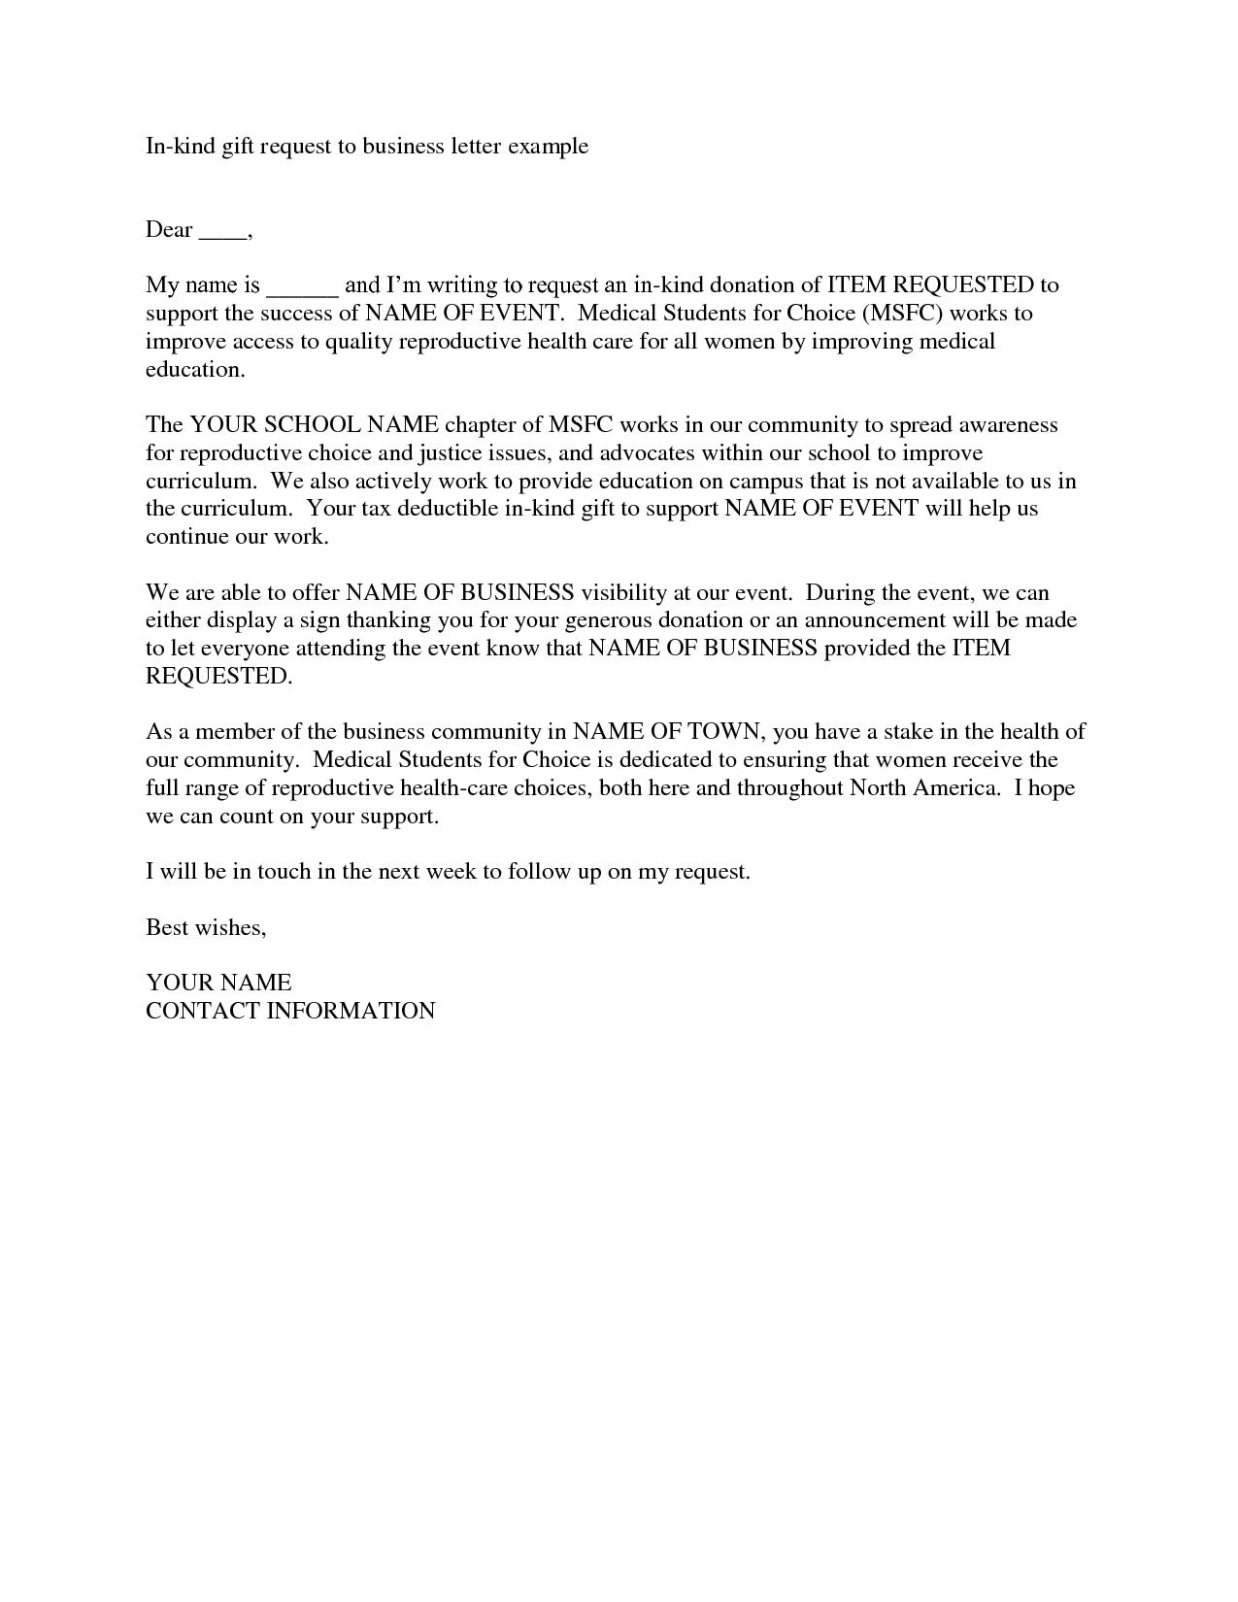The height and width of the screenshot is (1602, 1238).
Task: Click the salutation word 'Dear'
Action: [x=169, y=230]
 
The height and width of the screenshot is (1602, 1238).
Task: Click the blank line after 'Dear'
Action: [x=222, y=234]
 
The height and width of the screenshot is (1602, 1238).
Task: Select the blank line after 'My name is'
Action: [x=302, y=288]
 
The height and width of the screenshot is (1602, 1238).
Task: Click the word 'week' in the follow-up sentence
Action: [x=452, y=872]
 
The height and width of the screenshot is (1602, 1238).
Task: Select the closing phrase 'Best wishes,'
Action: [x=206, y=928]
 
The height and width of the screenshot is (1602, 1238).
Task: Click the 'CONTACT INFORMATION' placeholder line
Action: [x=290, y=1011]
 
